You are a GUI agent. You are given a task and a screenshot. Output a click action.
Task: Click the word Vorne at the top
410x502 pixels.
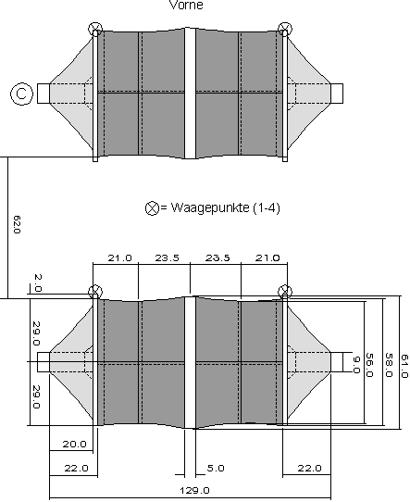(x=187, y=5)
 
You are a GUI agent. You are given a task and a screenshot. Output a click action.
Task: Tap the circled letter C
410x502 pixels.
(x=19, y=93)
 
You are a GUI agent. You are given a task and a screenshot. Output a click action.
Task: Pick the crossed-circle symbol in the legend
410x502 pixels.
(x=152, y=208)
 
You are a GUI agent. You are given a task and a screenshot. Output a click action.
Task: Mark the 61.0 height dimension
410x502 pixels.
(x=404, y=361)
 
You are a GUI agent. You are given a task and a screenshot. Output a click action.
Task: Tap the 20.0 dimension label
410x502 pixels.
(x=76, y=445)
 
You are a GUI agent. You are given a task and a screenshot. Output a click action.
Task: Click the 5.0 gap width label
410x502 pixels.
(x=216, y=469)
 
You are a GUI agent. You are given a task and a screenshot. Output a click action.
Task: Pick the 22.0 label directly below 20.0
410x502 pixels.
(x=76, y=469)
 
